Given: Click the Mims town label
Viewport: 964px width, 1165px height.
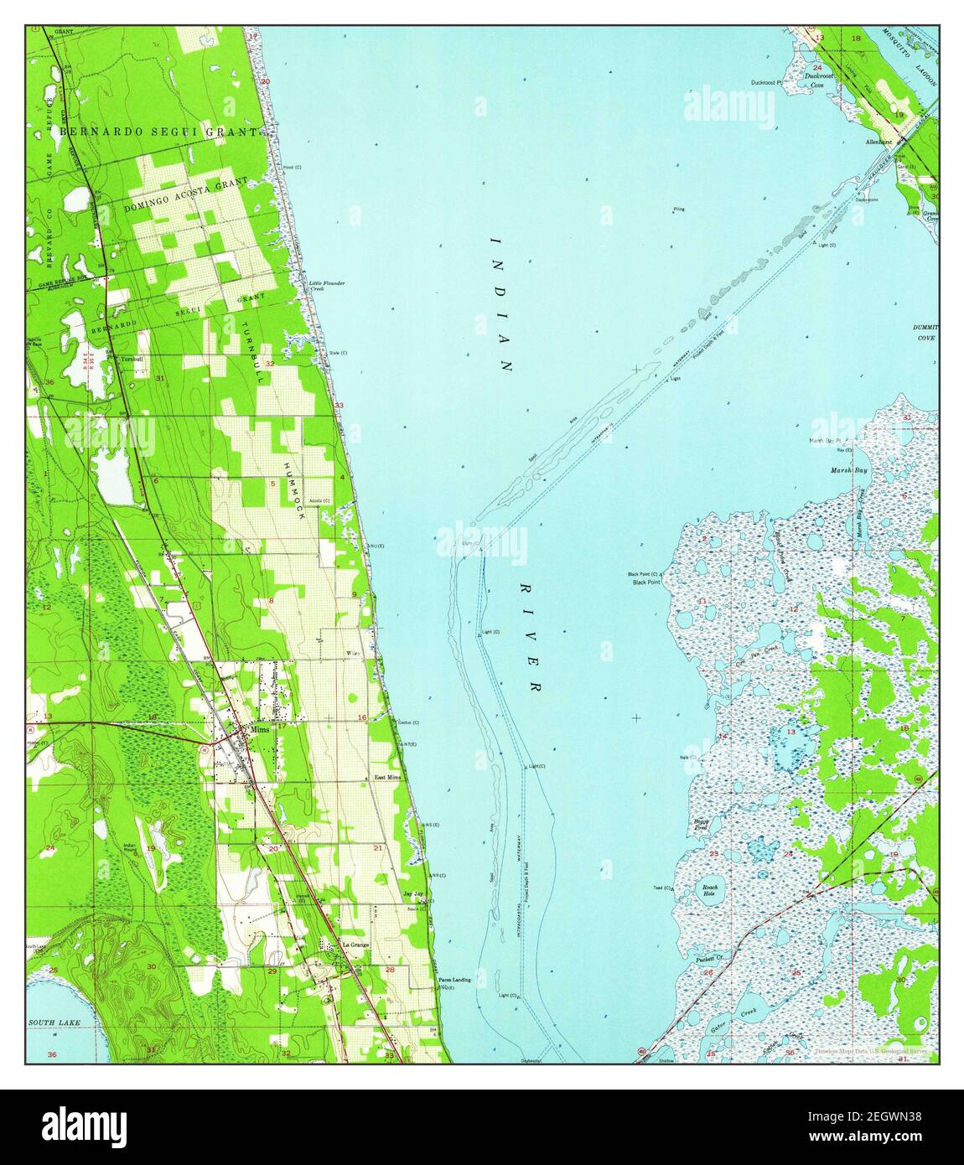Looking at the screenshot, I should pos(258,731).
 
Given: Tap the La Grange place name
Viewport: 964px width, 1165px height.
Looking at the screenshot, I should pos(355,945).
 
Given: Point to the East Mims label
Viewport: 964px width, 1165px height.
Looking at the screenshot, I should pos(388,778).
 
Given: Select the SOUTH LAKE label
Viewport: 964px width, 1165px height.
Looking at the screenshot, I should pos(47,1023).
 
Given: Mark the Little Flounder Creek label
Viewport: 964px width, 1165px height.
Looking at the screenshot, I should pos(326,286).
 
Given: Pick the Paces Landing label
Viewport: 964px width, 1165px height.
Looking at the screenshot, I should pos(454,980).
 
